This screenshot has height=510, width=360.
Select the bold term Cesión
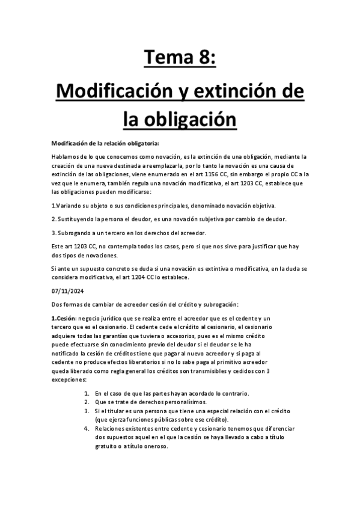pos(63,318)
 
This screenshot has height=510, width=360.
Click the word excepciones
pos(69,380)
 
